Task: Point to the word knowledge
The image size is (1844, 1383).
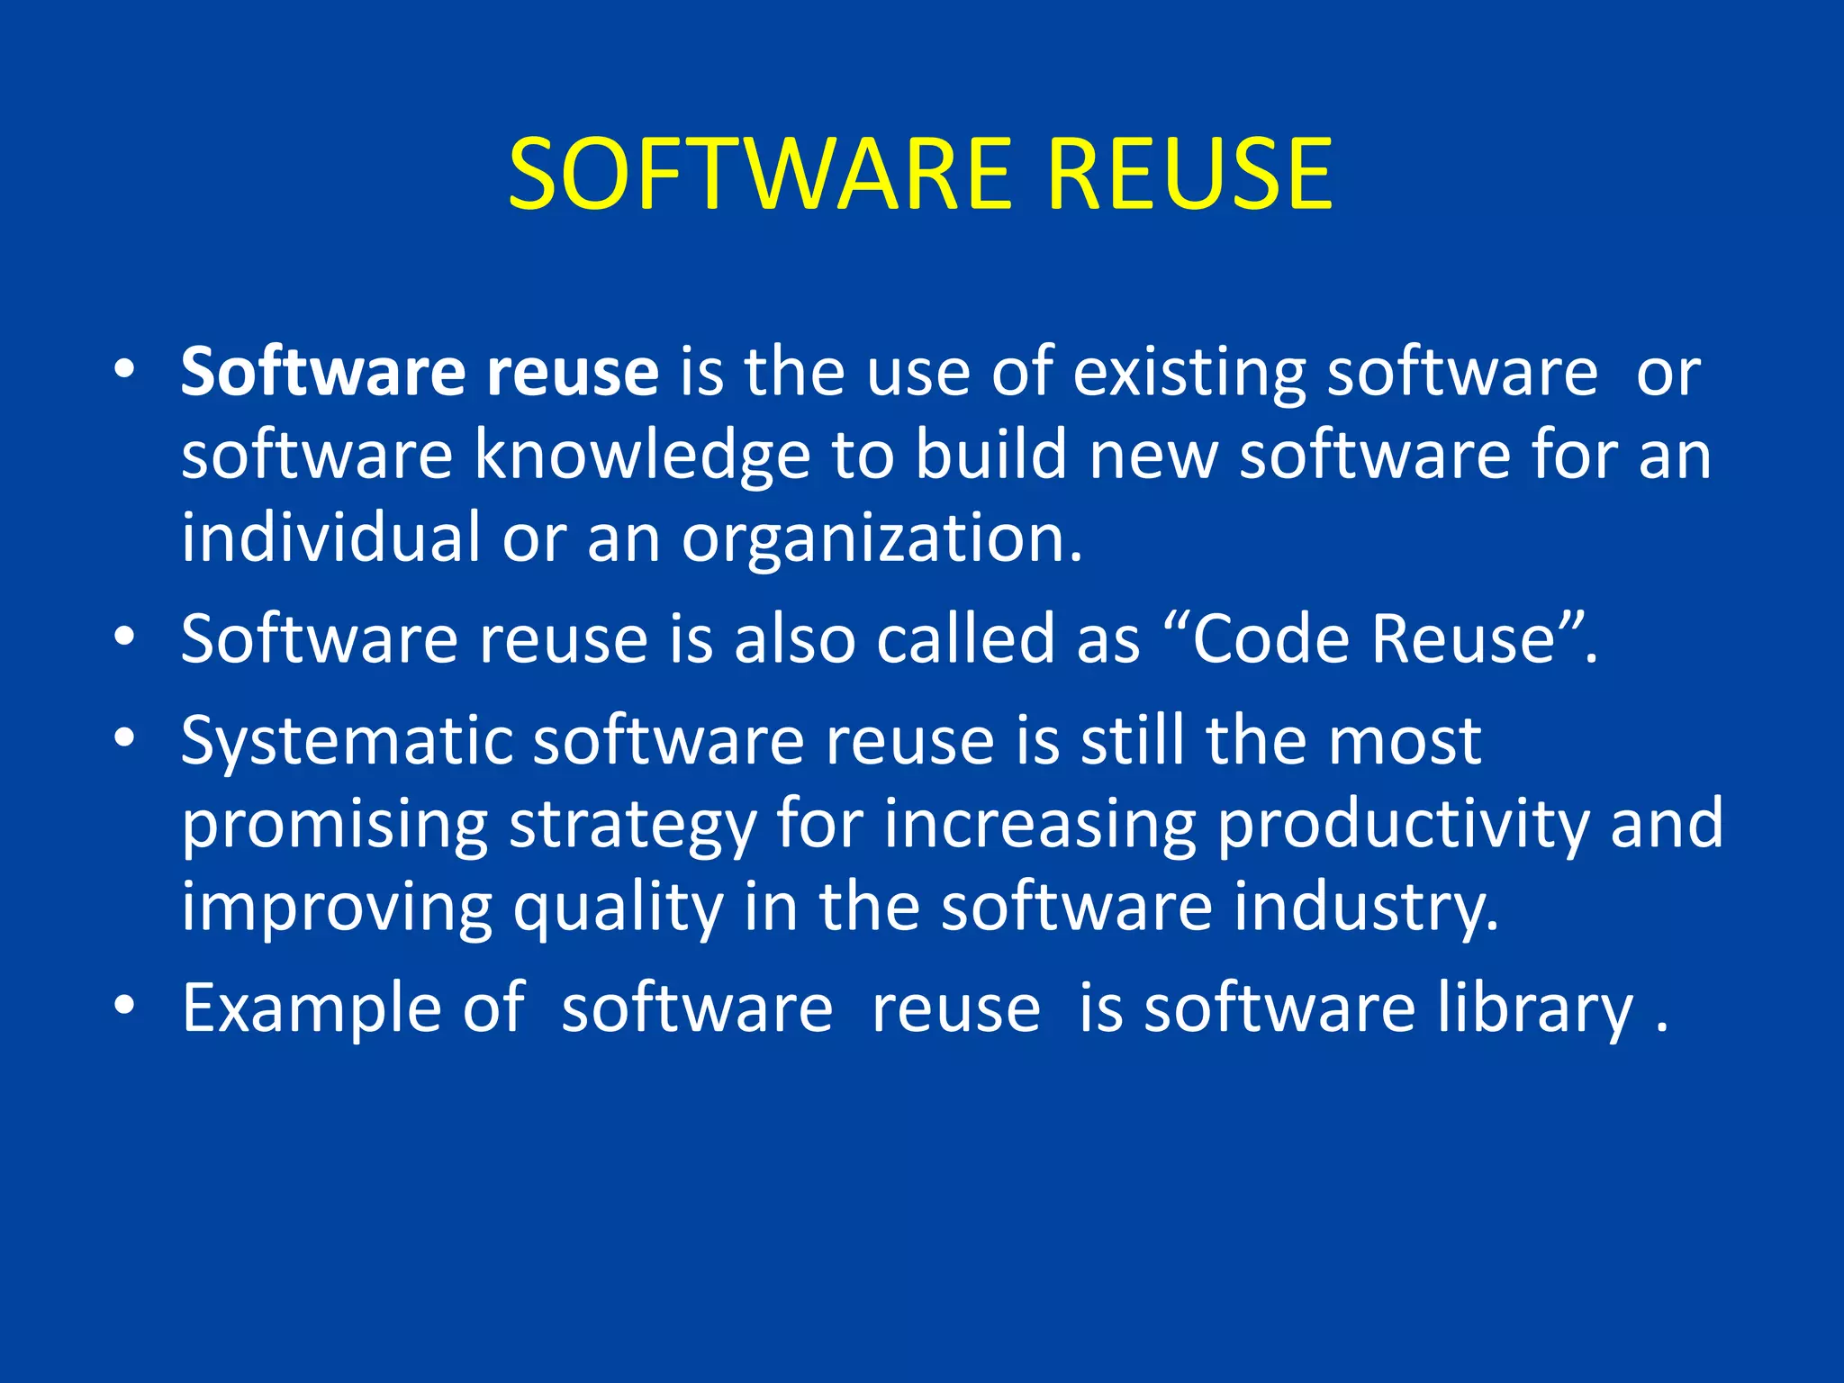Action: [x=642, y=456]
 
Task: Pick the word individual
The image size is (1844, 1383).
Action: [x=330, y=538]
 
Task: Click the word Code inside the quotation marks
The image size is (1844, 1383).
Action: [x=1272, y=639]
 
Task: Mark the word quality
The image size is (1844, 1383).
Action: [x=618, y=908]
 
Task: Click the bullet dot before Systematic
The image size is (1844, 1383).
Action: [x=124, y=739]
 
